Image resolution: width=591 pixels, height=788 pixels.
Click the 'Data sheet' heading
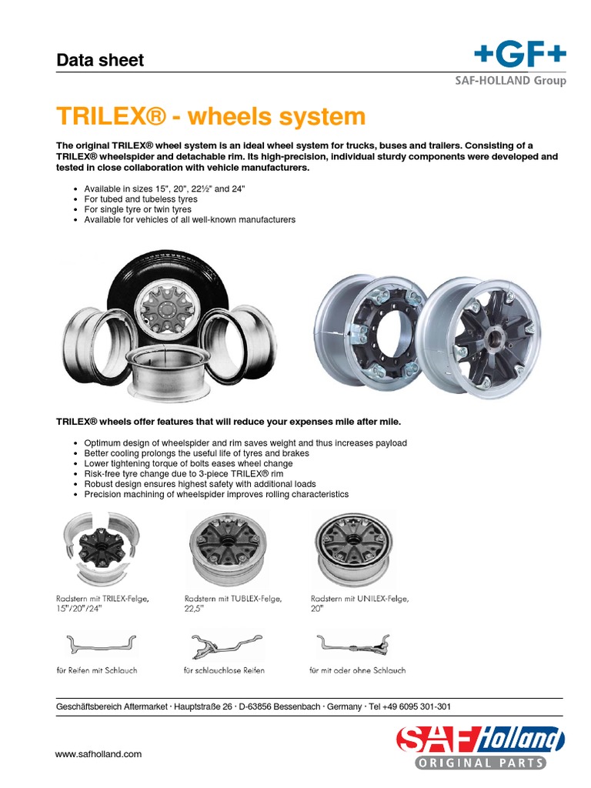(100, 60)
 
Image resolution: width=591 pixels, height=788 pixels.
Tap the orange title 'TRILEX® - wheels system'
(211, 117)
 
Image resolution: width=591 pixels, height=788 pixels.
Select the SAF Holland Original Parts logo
(480, 747)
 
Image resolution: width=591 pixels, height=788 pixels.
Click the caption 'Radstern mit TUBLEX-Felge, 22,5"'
(233, 603)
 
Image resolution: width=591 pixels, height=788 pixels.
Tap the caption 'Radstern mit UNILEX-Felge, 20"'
(359, 603)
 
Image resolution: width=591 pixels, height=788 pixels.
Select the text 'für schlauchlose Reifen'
(224, 670)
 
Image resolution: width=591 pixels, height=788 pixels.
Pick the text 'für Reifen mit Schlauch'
(96, 670)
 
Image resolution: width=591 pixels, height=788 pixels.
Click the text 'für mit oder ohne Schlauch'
(357, 670)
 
